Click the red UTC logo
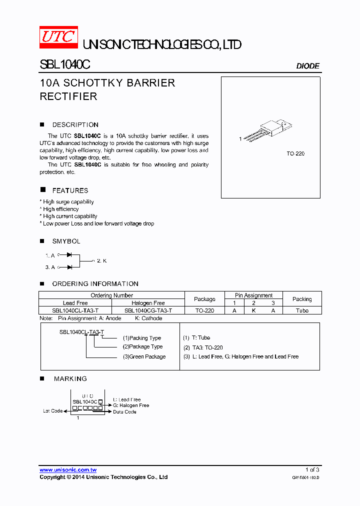(x=58, y=37)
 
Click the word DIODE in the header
(x=307, y=66)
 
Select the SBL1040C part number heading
(x=64, y=65)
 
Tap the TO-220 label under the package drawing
(x=295, y=153)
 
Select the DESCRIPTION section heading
(x=75, y=125)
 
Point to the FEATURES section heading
(x=70, y=190)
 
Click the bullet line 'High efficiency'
(x=60, y=209)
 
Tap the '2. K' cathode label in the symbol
(x=101, y=261)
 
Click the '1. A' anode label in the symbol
(x=50, y=255)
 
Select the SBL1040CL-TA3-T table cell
(x=75, y=310)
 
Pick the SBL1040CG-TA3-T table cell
(x=148, y=310)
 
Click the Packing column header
(x=302, y=299)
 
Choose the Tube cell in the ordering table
(x=302, y=310)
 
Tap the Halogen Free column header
(x=148, y=303)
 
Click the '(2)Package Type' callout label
(x=142, y=346)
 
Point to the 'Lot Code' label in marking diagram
(x=52, y=411)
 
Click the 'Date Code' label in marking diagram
(x=124, y=411)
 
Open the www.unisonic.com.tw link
(x=68, y=470)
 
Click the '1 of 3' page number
(x=312, y=469)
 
